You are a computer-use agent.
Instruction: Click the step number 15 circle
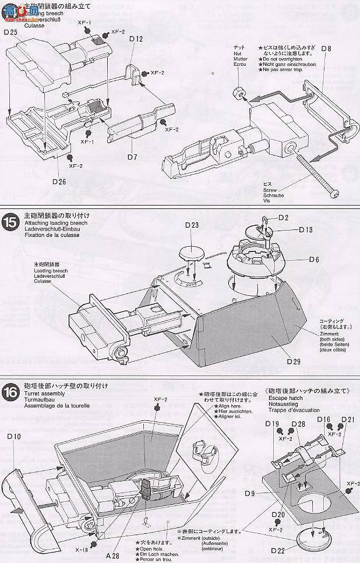click(10, 221)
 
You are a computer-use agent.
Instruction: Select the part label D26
click(59, 182)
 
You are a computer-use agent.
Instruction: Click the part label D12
click(136, 39)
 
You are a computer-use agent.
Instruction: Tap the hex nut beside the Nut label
click(239, 92)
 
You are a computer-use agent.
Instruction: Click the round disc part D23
click(192, 252)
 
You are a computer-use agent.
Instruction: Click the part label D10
click(15, 436)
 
